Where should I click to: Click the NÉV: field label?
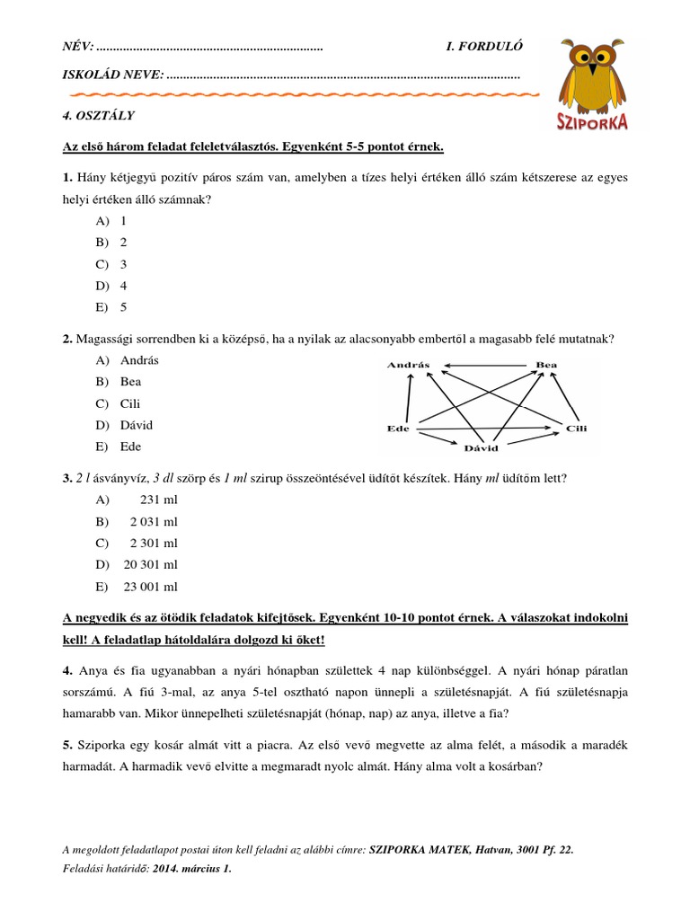76,47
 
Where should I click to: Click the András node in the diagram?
409,365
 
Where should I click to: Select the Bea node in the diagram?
546,365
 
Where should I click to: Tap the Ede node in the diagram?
397,429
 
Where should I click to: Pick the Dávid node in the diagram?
481,447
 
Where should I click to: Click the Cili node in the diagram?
576,429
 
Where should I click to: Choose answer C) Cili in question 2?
129,403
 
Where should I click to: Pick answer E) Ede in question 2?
130,447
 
